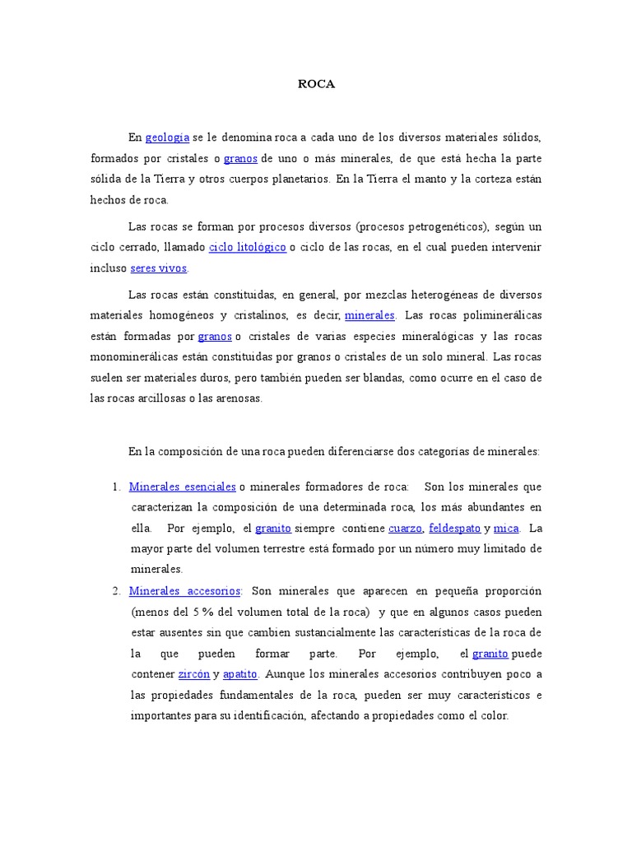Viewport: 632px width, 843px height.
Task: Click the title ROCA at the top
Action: pos(316,85)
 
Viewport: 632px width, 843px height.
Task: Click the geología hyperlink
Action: pos(167,137)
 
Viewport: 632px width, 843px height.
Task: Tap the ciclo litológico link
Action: pos(248,247)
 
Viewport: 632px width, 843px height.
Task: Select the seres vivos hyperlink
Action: pos(159,268)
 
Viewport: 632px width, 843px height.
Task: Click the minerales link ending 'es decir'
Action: pos(369,315)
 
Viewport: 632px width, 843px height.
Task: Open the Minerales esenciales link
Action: pos(183,487)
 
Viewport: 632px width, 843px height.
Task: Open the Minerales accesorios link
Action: pos(185,591)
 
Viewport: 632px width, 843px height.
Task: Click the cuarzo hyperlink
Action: pos(405,528)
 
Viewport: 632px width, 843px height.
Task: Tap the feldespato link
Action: pos(455,528)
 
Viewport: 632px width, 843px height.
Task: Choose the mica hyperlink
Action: pos(506,528)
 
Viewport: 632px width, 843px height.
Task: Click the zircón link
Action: pos(194,674)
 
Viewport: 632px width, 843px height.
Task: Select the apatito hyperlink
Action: pos(240,674)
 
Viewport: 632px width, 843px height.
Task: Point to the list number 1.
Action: pos(116,487)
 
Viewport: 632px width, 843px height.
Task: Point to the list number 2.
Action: pos(116,591)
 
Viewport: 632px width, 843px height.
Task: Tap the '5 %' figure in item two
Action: pos(202,612)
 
